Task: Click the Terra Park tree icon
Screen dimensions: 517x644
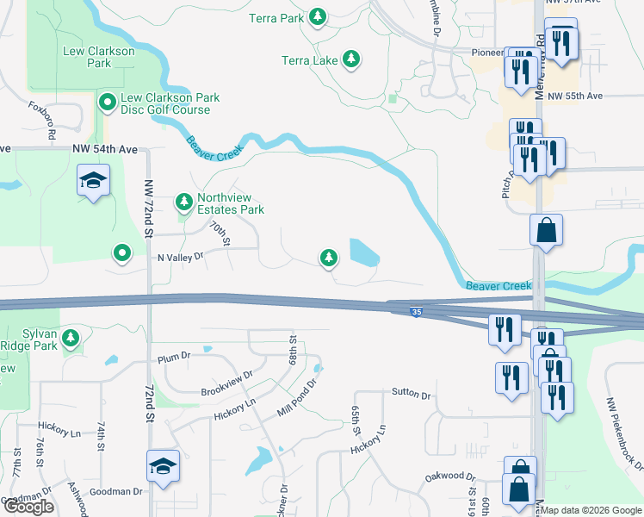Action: point(318,16)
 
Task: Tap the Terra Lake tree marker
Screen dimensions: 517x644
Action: point(350,59)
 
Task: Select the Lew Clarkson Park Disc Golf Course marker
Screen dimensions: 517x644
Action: point(108,103)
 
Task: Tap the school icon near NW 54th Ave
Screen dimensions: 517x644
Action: point(93,182)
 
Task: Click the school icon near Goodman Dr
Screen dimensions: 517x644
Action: point(163,466)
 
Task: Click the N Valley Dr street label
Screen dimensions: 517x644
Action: point(179,257)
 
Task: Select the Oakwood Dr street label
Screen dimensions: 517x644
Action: point(450,477)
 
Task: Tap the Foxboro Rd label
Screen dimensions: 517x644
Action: point(42,121)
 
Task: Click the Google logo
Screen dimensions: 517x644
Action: point(28,507)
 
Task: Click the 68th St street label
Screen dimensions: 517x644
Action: point(294,349)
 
